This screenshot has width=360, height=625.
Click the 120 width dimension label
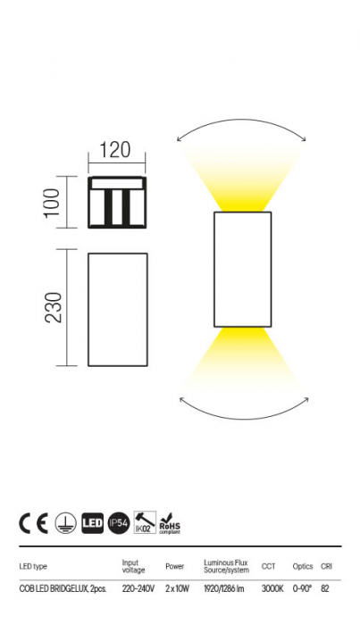pos(116,149)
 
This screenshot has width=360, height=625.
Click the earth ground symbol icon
pos(65,523)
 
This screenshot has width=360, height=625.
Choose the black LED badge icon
pos(93,523)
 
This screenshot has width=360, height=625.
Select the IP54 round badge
pos(119,523)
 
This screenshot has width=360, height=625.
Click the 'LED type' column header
pos(33,566)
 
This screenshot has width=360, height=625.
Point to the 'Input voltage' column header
pos(133,566)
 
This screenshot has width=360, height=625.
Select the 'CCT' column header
pos(268,566)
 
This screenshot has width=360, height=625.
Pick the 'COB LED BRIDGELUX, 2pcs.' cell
pos(63,588)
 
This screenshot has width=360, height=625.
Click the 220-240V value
pos(138,588)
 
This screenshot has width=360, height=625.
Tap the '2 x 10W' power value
pos(179,588)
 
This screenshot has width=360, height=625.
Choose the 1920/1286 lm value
pos(224,588)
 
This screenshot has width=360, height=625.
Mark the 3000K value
pos(272,588)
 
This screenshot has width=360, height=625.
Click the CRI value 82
pos(325,588)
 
